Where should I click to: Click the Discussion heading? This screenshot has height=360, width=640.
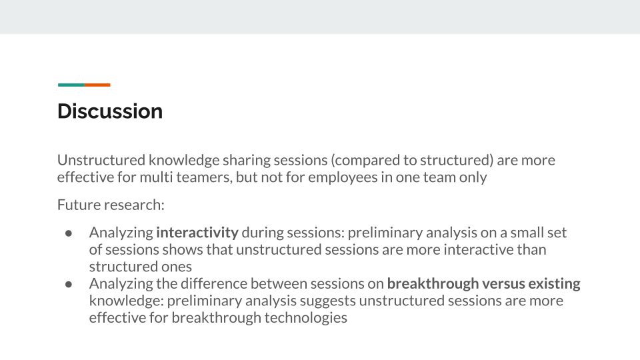110,111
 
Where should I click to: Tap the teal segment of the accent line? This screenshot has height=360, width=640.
71,85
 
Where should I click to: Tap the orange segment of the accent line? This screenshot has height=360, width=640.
97,85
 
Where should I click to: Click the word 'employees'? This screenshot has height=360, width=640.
343,177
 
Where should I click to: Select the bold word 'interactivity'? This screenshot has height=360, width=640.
197,232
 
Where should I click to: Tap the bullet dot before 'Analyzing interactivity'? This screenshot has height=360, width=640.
69,233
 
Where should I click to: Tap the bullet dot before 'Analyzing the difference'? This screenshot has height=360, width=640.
69,284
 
